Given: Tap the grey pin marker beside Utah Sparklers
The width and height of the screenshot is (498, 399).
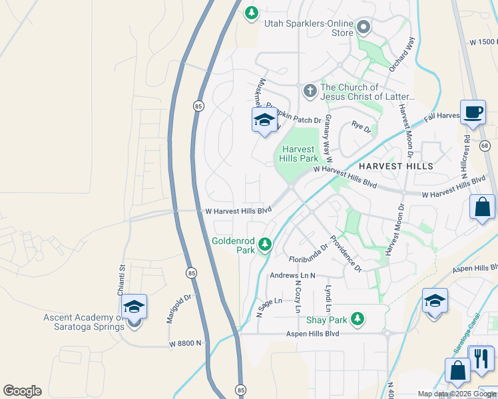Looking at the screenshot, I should [x=364, y=27].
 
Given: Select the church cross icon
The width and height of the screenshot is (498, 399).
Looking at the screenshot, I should [x=310, y=90].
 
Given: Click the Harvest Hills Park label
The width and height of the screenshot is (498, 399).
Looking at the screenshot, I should [x=300, y=154].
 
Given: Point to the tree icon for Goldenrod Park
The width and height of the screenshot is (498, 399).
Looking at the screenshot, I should [x=266, y=245].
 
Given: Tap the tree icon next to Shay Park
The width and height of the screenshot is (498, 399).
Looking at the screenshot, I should [x=358, y=319].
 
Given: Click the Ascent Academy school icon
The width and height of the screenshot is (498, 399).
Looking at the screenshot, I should [x=134, y=307].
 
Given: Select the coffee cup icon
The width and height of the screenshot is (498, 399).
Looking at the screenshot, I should [x=473, y=112].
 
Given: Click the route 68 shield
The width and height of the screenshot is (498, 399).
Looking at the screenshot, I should [x=485, y=146].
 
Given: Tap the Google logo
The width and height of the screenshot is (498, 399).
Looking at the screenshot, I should [x=22, y=391].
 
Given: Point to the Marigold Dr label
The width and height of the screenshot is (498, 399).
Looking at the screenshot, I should [x=178, y=309].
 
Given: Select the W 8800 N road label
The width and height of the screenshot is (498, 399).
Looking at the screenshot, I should [x=189, y=344].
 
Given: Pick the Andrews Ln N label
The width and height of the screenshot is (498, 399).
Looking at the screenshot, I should [x=292, y=275].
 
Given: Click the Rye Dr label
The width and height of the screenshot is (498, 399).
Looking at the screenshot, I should [x=361, y=126].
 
